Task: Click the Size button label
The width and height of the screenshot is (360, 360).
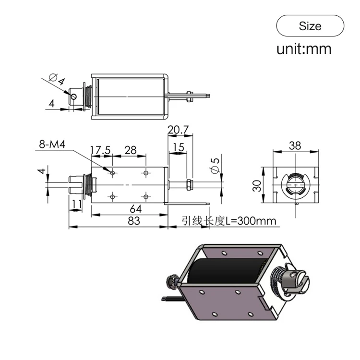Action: tap(310, 26)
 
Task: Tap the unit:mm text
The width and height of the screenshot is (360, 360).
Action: tap(303, 49)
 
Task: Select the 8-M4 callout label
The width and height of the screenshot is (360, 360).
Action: tap(51, 144)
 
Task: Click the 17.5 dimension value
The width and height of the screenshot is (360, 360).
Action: tap(101, 150)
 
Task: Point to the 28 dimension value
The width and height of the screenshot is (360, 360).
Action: tap(131, 150)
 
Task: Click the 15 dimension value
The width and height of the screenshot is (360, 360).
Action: tap(179, 148)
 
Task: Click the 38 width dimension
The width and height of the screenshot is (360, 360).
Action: tap(295, 146)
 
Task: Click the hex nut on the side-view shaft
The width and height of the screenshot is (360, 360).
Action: tap(189, 184)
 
